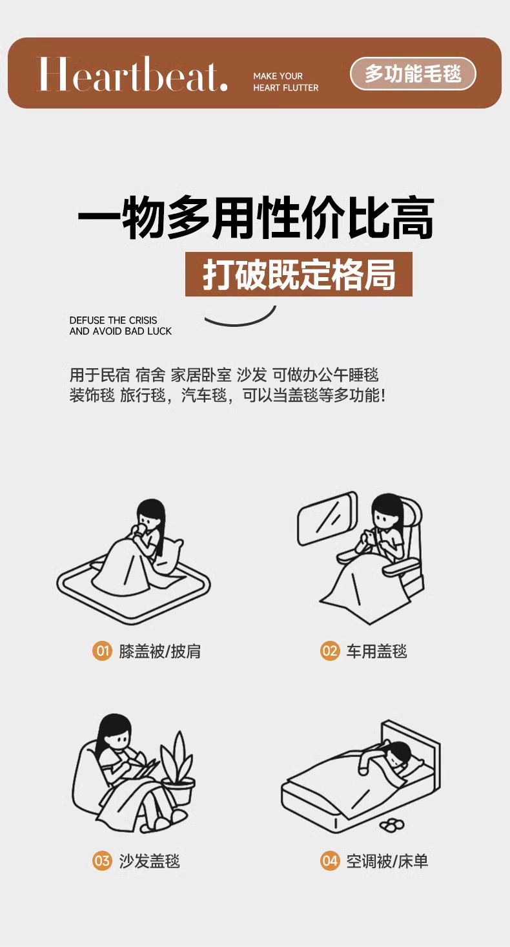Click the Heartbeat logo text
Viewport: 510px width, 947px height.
(x=133, y=74)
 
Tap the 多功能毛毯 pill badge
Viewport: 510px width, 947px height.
(x=413, y=74)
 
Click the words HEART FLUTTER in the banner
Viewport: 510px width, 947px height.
(x=285, y=88)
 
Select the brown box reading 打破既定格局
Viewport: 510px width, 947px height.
(x=299, y=274)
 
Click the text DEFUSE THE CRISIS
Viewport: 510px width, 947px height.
(x=113, y=320)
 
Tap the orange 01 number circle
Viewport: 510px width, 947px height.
(x=102, y=650)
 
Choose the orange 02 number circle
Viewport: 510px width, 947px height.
(x=330, y=650)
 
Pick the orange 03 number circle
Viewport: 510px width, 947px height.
(x=102, y=860)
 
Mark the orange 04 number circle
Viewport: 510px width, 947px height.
(x=330, y=860)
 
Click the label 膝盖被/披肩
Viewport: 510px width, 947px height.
(x=159, y=651)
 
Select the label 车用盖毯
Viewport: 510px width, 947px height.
(x=376, y=651)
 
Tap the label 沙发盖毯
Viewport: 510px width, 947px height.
(x=149, y=860)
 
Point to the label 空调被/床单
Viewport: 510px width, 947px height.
(x=387, y=860)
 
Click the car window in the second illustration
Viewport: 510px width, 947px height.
(x=327, y=518)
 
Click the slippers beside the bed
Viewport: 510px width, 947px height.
(x=392, y=824)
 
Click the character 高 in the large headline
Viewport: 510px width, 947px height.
(x=413, y=218)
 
